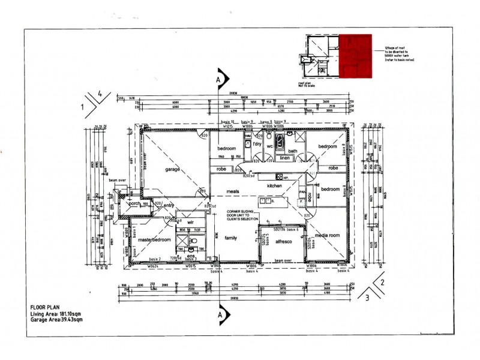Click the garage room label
click(x=173, y=170)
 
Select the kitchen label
click(x=274, y=187)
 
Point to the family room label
click(x=230, y=238)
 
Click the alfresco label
click(x=283, y=241)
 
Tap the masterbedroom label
click(x=154, y=239)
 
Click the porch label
click(x=134, y=204)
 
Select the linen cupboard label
click(x=286, y=158)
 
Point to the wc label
click(x=270, y=146)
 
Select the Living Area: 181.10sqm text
click(x=56, y=313)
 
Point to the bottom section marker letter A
click(x=221, y=314)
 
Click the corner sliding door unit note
click(x=242, y=215)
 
